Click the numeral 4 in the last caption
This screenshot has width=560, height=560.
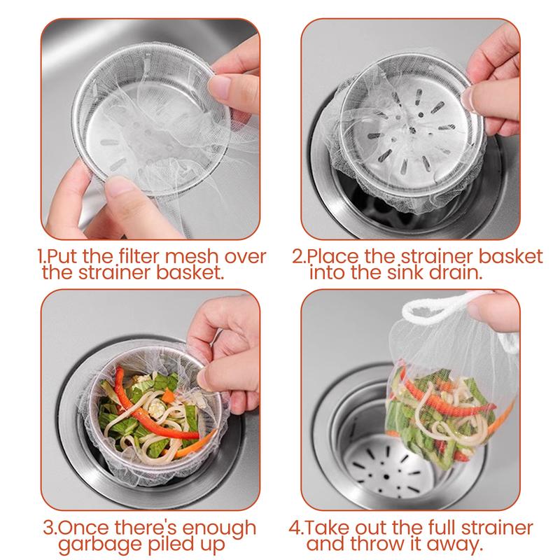coord(294,528)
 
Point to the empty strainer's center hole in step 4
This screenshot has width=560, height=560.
coord(386,477)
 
